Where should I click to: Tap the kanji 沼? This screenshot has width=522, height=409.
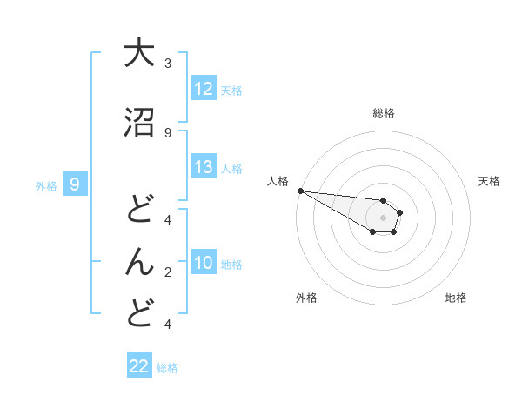139,124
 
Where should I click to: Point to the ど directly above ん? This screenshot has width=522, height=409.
139,209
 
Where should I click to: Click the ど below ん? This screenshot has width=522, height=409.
139,313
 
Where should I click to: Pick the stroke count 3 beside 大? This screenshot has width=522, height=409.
168,63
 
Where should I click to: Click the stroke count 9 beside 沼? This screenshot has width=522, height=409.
168,132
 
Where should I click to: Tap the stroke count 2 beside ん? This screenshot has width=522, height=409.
168,272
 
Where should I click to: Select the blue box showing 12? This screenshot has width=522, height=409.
204,89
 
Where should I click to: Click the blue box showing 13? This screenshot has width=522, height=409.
204,167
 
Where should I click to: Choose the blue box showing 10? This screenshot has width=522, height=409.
204,264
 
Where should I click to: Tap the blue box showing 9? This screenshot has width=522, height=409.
75,184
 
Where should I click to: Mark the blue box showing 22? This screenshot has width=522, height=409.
139,366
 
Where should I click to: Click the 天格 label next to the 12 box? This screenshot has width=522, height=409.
231,90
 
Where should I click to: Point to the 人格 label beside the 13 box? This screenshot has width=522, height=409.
231,168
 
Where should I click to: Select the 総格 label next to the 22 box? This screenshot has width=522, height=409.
167,367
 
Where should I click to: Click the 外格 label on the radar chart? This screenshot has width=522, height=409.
306,298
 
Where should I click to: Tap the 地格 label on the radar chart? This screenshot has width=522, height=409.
456,298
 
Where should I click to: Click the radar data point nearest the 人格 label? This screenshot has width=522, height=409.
299,191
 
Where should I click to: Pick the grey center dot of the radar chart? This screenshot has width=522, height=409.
383,218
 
